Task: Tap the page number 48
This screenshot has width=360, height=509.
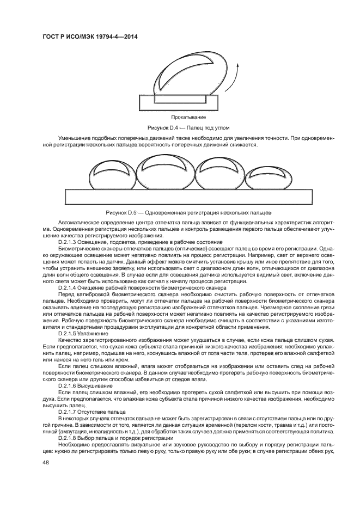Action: pos(45,462)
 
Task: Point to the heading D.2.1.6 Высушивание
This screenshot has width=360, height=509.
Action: pos(86,385)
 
